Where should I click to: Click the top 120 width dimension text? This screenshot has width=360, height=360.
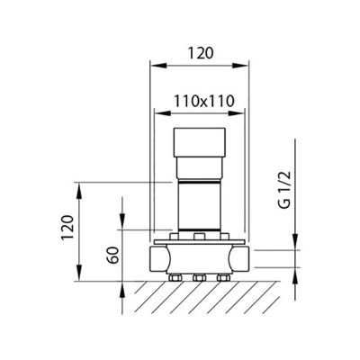[x=198, y=54]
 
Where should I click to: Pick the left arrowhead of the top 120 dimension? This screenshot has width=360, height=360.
[x=152, y=66]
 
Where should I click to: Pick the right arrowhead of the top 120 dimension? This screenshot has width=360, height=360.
[x=244, y=66]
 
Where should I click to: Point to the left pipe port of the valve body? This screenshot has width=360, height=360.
[x=157, y=260]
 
